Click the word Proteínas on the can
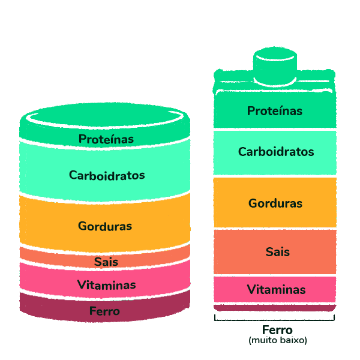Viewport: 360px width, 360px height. (x=106, y=139)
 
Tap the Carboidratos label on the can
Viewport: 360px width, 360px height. (x=107, y=175)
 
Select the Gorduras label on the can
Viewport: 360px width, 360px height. (x=105, y=226)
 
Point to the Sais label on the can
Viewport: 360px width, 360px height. (x=106, y=262)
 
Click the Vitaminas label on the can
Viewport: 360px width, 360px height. (x=106, y=284)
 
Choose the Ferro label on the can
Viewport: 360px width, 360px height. (x=104, y=311)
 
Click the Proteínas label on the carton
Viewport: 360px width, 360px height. (x=275, y=111)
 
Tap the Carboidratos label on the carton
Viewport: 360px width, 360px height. (x=276, y=152)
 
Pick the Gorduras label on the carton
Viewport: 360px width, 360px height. (x=275, y=203)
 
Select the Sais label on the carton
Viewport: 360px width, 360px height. (x=278, y=251)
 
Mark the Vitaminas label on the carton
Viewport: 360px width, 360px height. (x=277, y=290)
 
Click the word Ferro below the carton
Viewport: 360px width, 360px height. (x=277, y=330)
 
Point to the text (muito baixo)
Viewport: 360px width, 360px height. (x=278, y=340)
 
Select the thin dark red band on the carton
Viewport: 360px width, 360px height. (x=274, y=307)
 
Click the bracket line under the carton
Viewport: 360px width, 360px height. (x=274, y=317)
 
